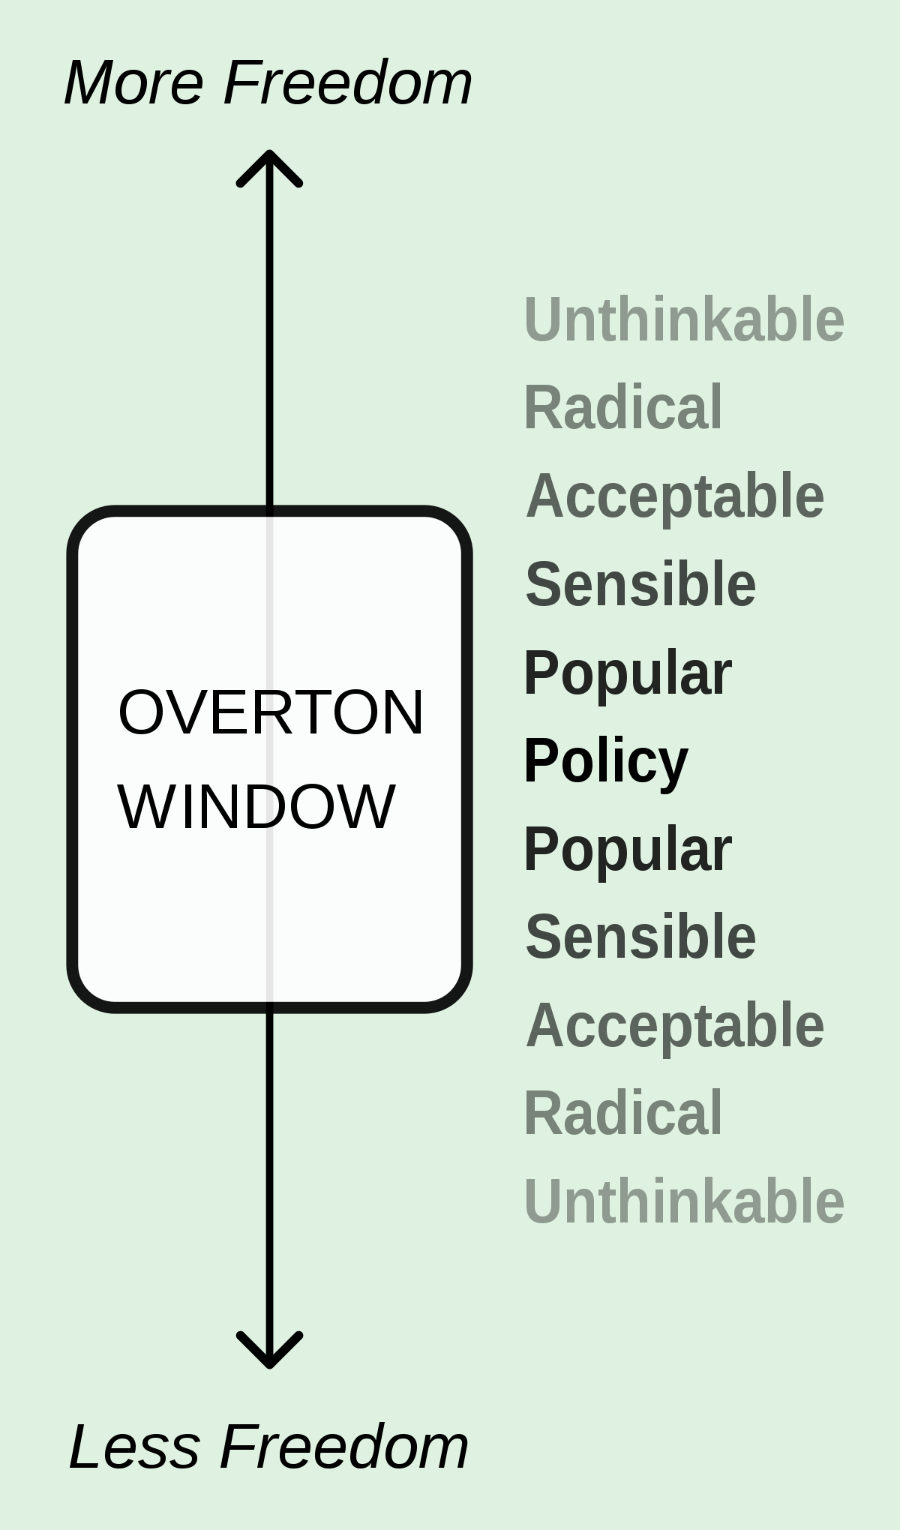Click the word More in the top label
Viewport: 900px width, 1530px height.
click(134, 82)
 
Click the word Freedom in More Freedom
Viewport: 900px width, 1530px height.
click(348, 82)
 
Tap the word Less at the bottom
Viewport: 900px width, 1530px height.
click(134, 1447)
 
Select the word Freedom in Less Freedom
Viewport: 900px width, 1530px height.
click(344, 1447)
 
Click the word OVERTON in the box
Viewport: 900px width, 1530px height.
click(271, 712)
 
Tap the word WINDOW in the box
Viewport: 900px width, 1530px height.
click(256, 807)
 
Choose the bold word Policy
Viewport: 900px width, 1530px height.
click(606, 762)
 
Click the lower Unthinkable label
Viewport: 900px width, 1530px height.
click(685, 1201)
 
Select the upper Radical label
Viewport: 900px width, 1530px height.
click(623, 407)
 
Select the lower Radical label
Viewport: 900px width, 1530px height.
click(623, 1114)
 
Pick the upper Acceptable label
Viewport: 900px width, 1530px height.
click(675, 497)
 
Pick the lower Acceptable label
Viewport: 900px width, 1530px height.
click(675, 1027)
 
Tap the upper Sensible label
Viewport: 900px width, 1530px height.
click(640, 584)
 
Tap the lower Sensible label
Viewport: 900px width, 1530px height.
click(640, 937)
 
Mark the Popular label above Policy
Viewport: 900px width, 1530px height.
click(628, 674)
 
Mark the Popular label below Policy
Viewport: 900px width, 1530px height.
click(628, 850)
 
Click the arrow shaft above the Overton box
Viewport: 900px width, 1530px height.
click(269, 330)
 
